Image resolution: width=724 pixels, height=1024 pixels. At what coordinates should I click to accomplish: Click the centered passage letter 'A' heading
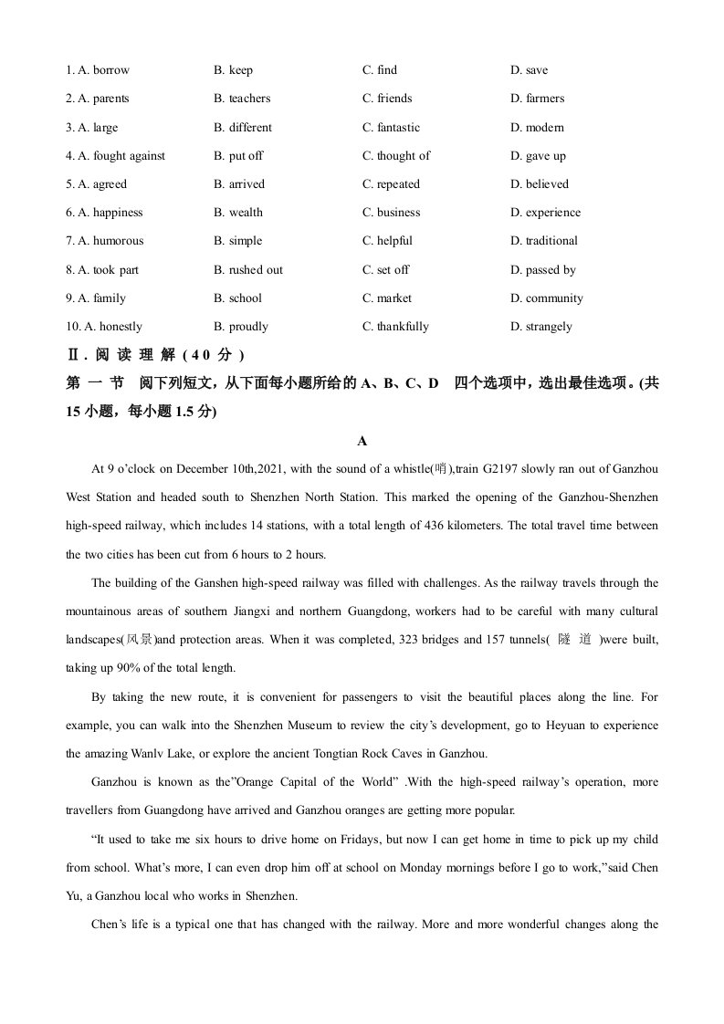click(x=362, y=442)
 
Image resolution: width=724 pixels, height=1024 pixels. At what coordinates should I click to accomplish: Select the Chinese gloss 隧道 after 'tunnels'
click(x=575, y=640)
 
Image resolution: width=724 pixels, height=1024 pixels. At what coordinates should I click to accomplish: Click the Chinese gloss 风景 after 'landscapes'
click(x=138, y=640)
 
